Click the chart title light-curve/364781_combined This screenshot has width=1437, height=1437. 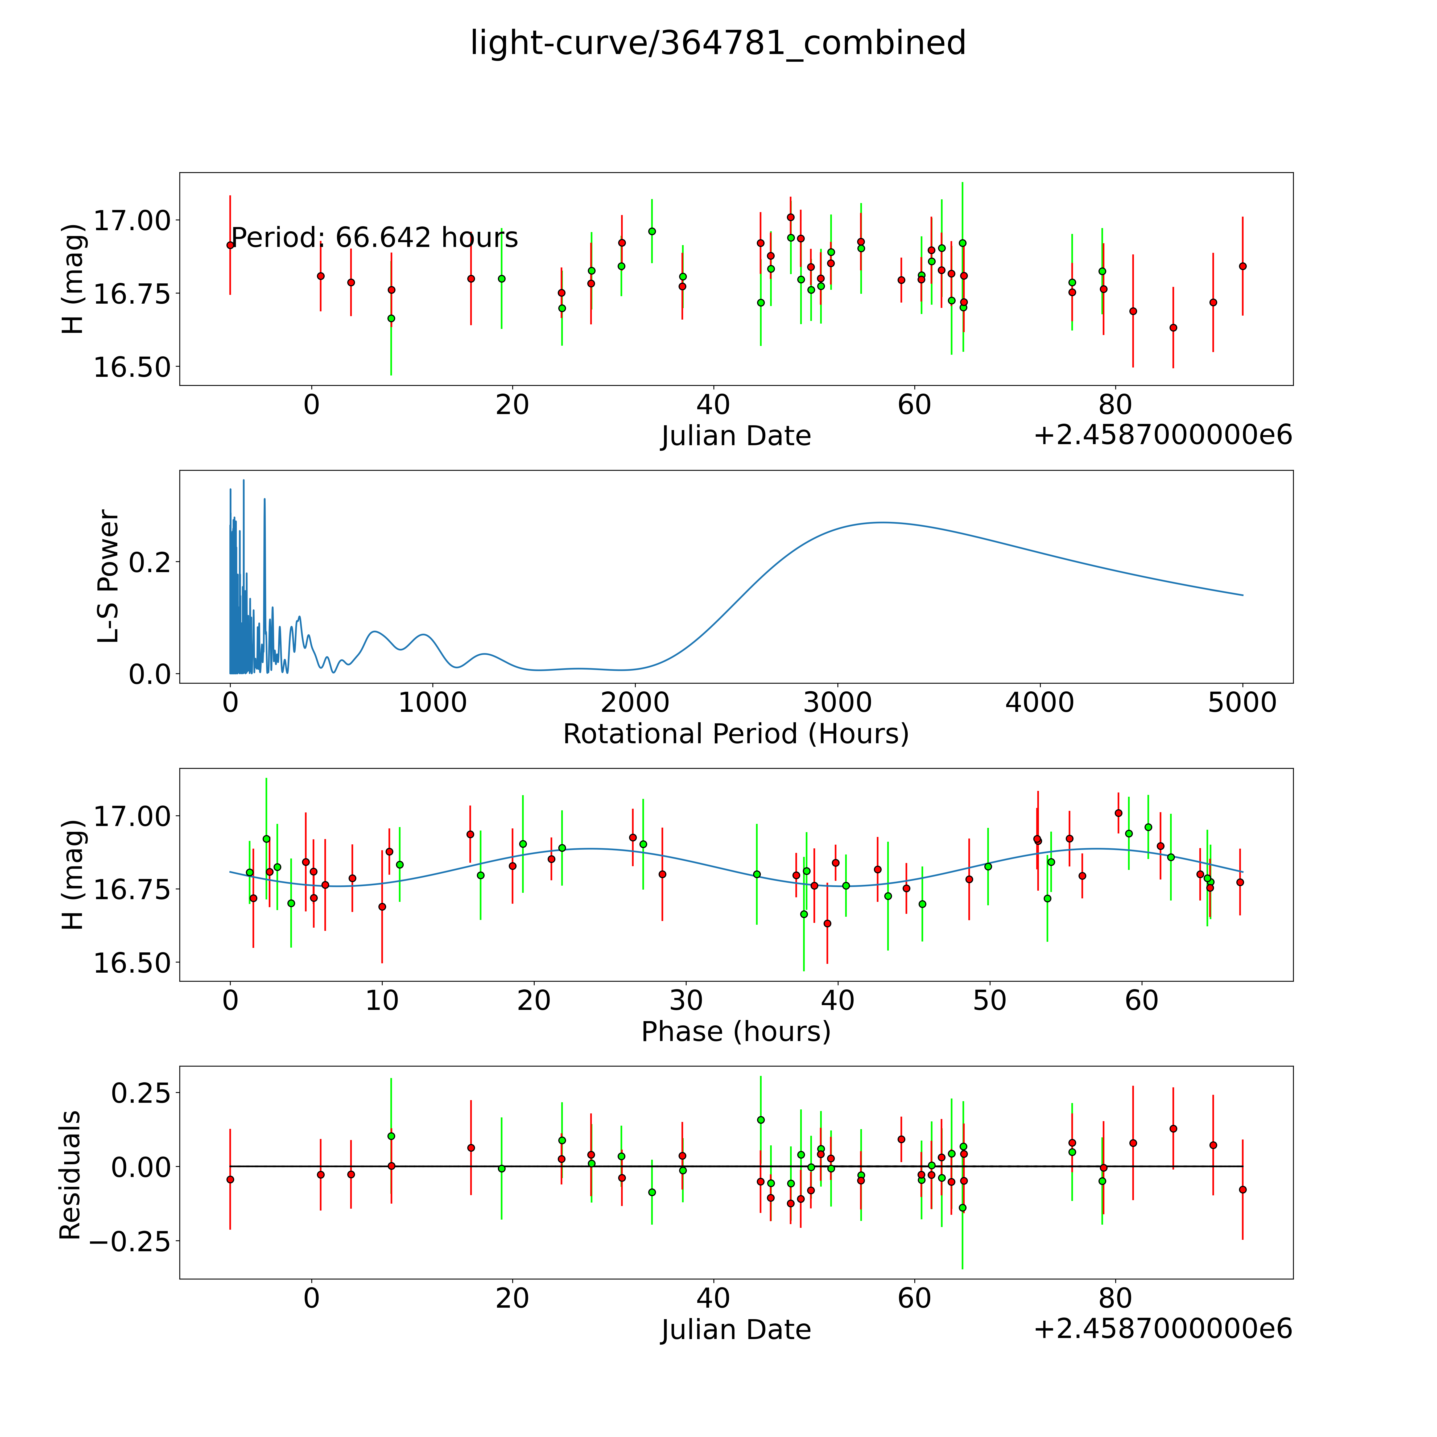[x=718, y=43]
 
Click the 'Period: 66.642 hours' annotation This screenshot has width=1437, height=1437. [x=374, y=238]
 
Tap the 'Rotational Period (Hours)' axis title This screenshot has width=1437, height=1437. [x=736, y=734]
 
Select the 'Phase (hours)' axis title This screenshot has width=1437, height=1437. [x=736, y=1032]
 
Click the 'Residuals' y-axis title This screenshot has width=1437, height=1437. [x=70, y=1175]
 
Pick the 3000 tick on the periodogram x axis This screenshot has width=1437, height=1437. [x=837, y=702]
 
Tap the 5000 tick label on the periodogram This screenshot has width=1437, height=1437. [x=1242, y=702]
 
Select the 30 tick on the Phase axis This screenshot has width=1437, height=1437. [x=686, y=1000]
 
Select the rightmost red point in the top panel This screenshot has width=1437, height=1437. [x=1242, y=266]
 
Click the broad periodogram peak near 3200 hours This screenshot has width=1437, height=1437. [x=881, y=523]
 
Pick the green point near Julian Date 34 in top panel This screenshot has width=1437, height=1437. [x=651, y=231]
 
